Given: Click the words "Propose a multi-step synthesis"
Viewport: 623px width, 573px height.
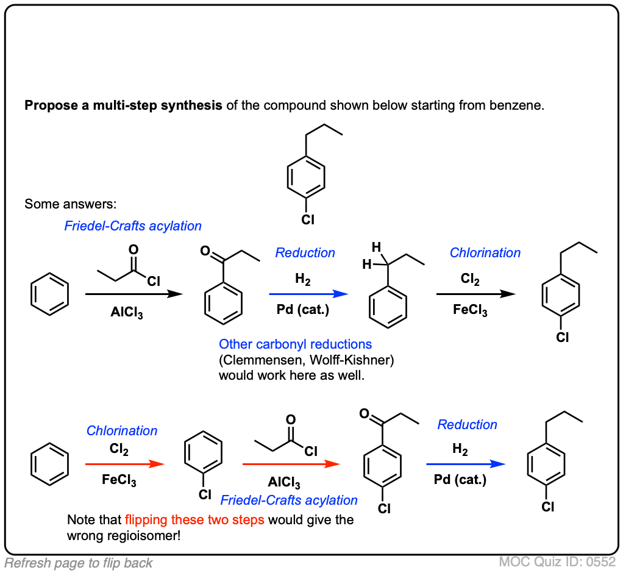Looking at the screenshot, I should coord(123,105).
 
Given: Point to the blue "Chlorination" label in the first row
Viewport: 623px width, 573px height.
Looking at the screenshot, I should coord(485,252).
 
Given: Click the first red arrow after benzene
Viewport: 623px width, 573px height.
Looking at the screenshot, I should coord(125,463).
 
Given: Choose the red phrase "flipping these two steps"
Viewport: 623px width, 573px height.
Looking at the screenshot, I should coord(194,521).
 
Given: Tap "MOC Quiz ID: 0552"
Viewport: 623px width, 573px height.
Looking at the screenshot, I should coord(558,561).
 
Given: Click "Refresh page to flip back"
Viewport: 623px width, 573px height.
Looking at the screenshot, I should coord(79,563).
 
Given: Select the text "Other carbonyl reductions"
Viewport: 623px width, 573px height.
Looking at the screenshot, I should coord(295,344).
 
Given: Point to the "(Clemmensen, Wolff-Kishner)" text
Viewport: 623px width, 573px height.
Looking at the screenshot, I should coord(307,360).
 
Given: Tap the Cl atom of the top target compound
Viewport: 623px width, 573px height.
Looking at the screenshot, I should coord(308,219).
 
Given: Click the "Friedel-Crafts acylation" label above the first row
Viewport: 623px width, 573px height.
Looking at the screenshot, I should coord(133,226).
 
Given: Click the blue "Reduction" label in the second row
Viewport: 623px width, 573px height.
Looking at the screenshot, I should coord(467,424).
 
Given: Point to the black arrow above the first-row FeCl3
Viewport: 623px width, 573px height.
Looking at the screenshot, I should coord(475,294).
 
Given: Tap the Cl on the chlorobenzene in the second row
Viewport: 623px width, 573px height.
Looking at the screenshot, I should coord(205,495).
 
